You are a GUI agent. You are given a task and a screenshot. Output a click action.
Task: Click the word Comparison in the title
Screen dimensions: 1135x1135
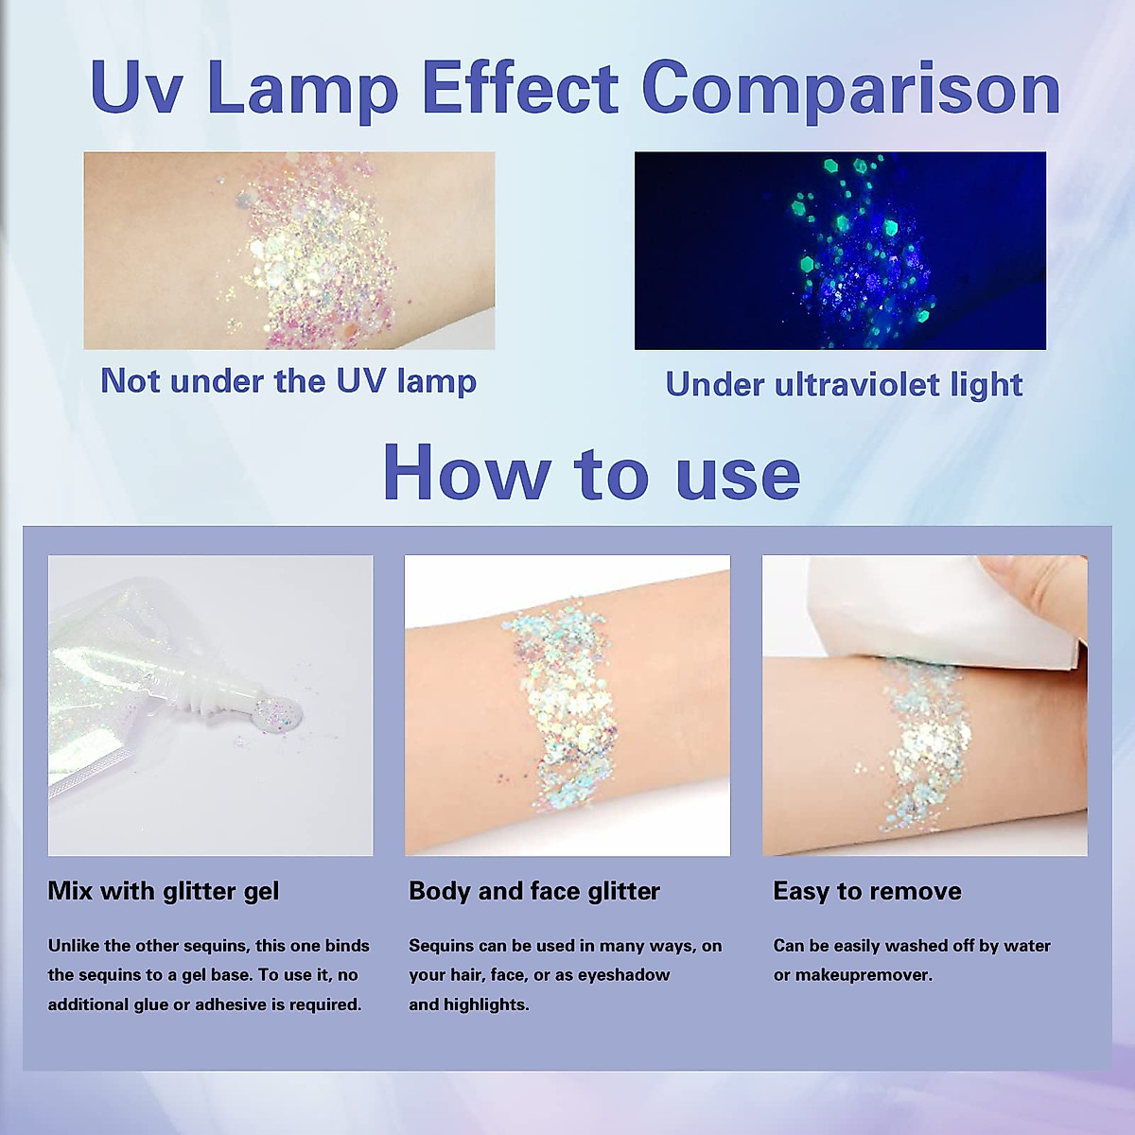pyautogui.click(x=850, y=90)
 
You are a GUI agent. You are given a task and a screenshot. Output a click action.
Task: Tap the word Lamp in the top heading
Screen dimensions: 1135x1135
pyautogui.click(x=303, y=90)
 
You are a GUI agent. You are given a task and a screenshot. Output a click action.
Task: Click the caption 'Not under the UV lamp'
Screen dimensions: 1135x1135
pyautogui.click(x=288, y=381)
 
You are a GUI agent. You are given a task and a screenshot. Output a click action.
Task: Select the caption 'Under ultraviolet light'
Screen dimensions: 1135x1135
pyautogui.click(x=844, y=384)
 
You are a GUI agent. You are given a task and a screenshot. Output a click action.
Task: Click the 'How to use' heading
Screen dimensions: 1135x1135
pyautogui.click(x=591, y=472)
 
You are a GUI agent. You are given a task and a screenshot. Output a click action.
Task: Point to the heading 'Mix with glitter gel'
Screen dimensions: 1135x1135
pyautogui.click(x=164, y=891)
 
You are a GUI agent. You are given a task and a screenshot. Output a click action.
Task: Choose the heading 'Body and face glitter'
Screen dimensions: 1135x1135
pyautogui.click(x=534, y=891)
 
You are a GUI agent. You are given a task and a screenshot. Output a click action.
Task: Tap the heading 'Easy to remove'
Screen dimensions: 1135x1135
pyautogui.click(x=867, y=891)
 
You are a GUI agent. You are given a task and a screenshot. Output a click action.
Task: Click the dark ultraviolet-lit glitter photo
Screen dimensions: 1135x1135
pyautogui.click(x=840, y=251)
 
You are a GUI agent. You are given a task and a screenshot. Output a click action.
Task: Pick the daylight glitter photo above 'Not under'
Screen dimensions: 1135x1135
pyautogui.click(x=288, y=251)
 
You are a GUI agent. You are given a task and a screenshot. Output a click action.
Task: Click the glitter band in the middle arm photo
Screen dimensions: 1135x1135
pyautogui.click(x=567, y=709)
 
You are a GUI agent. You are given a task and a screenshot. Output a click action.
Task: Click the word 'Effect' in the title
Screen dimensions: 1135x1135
pyautogui.click(x=519, y=90)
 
